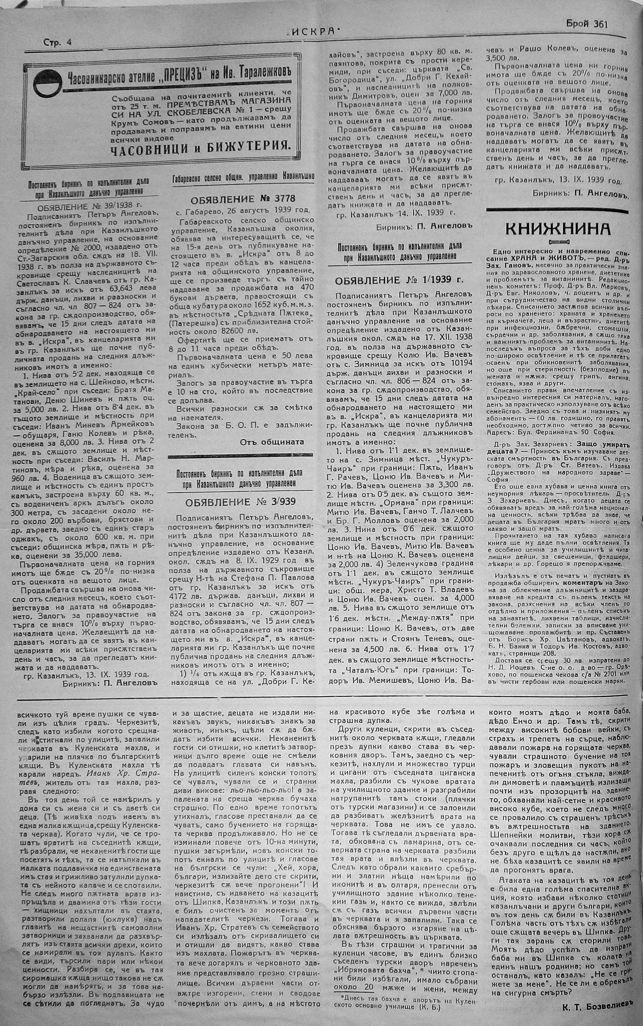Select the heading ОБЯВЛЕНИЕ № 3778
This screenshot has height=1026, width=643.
point(243,199)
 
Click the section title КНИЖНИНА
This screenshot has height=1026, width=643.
point(558,229)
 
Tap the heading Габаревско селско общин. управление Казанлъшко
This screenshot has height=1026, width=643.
point(243,176)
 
